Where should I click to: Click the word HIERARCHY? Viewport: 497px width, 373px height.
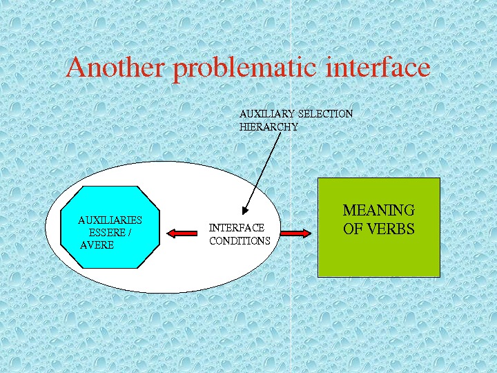[x=269, y=127]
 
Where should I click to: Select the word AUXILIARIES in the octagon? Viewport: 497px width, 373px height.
[x=110, y=220]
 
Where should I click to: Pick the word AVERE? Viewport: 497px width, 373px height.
[x=97, y=245]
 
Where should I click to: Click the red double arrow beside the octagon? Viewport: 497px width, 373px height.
[x=181, y=234]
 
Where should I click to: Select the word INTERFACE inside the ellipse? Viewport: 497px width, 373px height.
[x=237, y=228]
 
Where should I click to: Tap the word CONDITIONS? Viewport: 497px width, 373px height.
[x=240, y=241]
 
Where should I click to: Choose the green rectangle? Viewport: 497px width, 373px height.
[x=378, y=256]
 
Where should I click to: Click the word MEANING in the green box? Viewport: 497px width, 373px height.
[x=378, y=211]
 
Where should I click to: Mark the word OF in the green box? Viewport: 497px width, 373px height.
[x=352, y=229]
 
